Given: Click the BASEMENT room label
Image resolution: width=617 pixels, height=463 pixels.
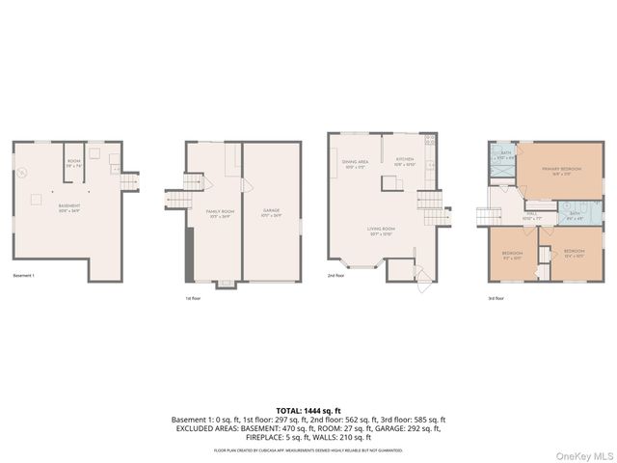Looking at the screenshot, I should (x=68, y=206).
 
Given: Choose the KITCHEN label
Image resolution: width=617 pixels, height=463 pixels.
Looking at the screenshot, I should (x=405, y=163).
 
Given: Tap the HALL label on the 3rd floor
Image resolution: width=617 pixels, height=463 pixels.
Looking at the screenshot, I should (x=530, y=217).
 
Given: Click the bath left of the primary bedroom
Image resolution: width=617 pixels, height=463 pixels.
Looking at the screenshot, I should (x=506, y=154).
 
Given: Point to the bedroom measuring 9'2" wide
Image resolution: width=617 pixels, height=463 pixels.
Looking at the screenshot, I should (x=510, y=255).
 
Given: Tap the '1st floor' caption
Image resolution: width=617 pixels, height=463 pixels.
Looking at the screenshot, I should (x=194, y=298).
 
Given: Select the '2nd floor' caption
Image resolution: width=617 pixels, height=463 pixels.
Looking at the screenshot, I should (x=336, y=276).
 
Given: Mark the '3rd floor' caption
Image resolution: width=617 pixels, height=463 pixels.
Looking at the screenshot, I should (x=496, y=298).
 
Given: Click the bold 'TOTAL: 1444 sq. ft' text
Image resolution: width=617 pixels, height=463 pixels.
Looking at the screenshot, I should (x=308, y=410).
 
